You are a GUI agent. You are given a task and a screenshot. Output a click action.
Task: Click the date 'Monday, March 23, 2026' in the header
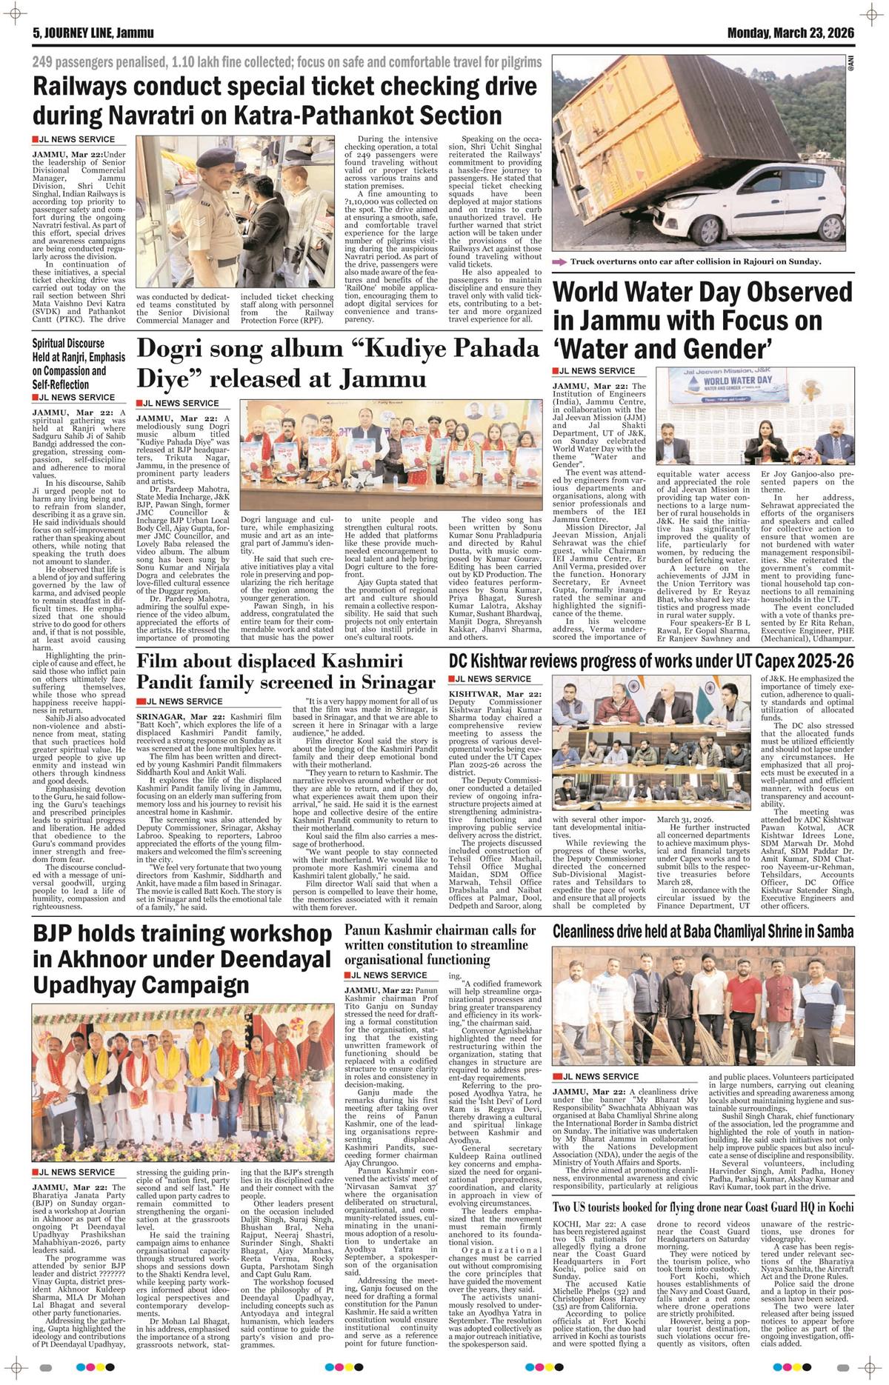point(790,33)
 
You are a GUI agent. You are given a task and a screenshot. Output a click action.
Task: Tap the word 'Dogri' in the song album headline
point(179,348)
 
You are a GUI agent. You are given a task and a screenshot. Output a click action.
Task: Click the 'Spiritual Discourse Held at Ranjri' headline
point(69,364)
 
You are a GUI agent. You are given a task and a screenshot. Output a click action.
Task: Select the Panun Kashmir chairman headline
point(441,944)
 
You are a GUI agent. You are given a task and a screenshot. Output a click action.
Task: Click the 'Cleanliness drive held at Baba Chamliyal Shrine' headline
point(704,931)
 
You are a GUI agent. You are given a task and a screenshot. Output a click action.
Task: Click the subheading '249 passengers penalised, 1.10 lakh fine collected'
point(287,62)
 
